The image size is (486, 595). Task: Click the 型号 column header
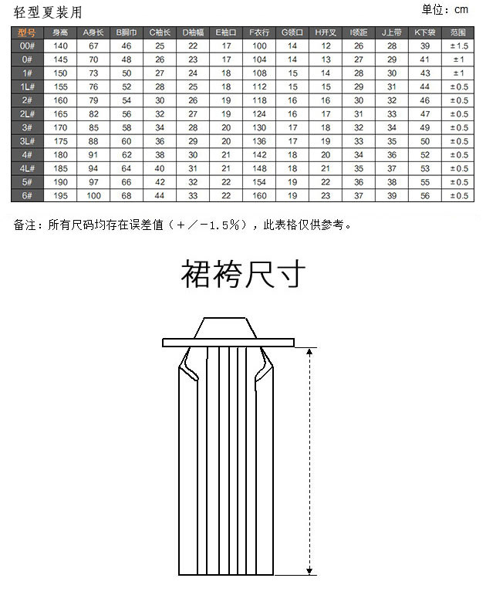[x=26, y=32]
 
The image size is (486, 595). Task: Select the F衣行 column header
[x=259, y=32]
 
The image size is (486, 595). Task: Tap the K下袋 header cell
[x=424, y=32]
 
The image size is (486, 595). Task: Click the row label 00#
[x=26, y=46]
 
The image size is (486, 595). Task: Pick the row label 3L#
[x=26, y=141]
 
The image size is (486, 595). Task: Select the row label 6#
[x=26, y=196]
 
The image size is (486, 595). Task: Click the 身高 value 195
[x=60, y=196]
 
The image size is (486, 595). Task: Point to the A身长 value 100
[x=93, y=196]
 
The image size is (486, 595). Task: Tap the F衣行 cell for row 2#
[x=259, y=100]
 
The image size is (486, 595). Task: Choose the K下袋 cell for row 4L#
[x=424, y=169]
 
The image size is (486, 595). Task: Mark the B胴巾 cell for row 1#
[x=127, y=73]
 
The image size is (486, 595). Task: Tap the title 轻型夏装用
[x=47, y=11]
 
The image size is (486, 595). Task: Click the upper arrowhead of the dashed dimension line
[x=310, y=351]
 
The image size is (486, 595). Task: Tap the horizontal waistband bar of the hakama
[x=228, y=342]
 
